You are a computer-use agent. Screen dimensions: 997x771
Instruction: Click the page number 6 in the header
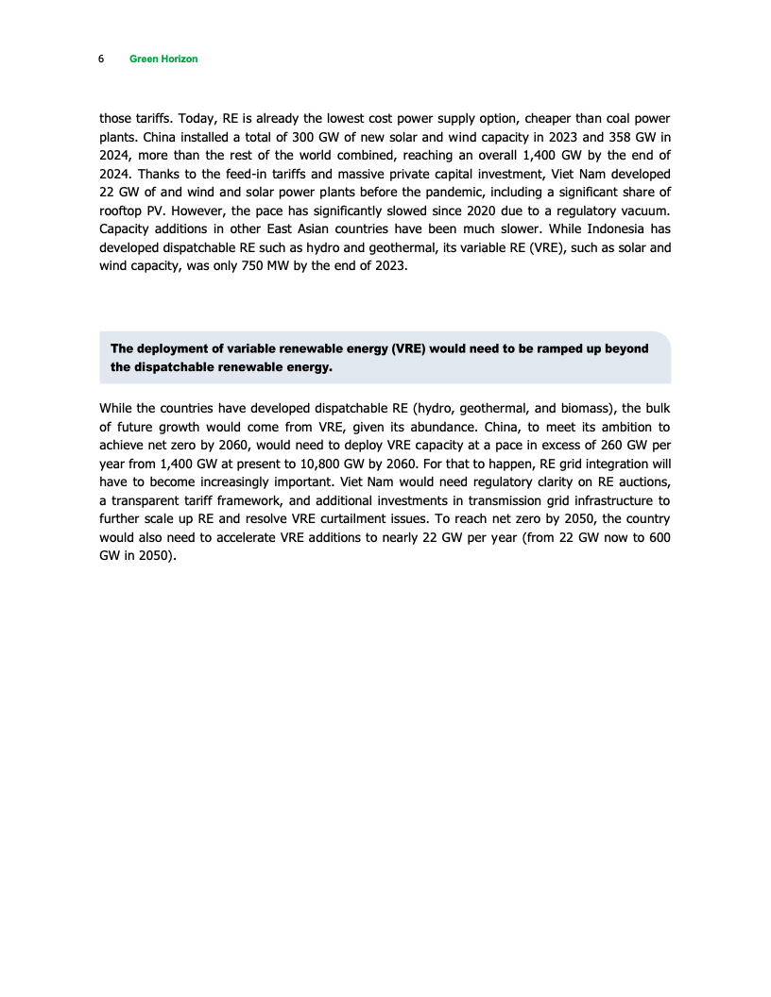101,59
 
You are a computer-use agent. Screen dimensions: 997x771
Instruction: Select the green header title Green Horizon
163,59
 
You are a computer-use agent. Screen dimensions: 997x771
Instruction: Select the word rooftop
121,211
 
